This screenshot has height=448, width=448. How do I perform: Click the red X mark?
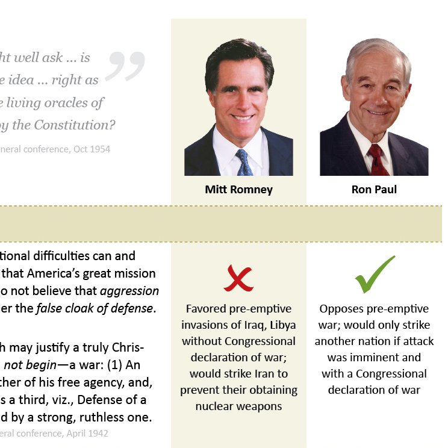coord(238,278)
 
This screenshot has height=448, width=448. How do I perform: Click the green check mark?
coord(374,275)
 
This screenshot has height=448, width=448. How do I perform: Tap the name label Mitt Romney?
coord(238,190)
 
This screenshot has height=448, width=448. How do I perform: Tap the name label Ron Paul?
coord(374,190)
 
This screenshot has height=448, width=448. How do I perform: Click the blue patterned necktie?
coord(244,163)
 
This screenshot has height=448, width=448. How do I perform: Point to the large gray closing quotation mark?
coord(125,66)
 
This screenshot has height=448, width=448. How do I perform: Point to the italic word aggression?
coord(129,291)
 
